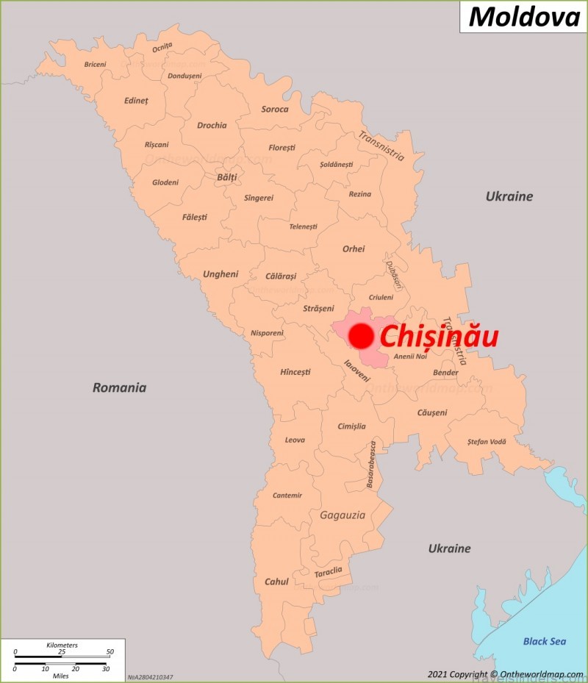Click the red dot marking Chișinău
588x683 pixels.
[361, 337]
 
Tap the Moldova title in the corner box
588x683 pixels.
[524, 16]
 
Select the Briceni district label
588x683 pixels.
[95, 65]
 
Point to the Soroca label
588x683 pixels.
[275, 110]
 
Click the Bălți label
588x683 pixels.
[226, 177]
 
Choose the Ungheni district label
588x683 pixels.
[220, 274]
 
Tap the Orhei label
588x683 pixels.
[354, 249]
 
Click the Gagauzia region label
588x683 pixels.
[342, 515]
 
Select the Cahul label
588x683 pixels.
[276, 582]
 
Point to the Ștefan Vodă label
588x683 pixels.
[487, 442]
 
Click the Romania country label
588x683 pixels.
[119, 387]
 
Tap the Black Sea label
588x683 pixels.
[545, 641]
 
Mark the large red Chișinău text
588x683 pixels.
[439, 337]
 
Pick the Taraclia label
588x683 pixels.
[328, 571]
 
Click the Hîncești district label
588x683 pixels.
[295, 372]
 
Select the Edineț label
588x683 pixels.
[136, 101]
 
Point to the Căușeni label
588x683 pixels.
[431, 412]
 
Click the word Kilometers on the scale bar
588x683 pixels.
[62, 645]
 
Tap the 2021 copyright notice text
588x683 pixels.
[505, 674]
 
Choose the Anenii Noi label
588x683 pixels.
[410, 357]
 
